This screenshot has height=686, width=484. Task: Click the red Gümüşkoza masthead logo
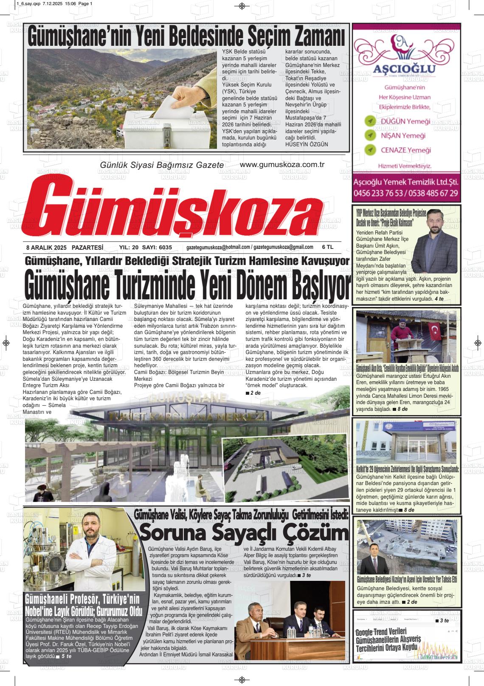coord(174,208)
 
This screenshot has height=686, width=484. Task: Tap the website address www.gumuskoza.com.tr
coord(282,165)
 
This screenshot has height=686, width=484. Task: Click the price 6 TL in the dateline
coord(328,247)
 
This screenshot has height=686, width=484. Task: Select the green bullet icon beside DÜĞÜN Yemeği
coord(371,121)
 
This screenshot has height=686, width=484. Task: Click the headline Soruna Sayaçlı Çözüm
coord(244,532)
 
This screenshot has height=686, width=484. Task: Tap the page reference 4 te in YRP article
coord(439,299)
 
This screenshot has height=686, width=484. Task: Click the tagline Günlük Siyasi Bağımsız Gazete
coord(161,165)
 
